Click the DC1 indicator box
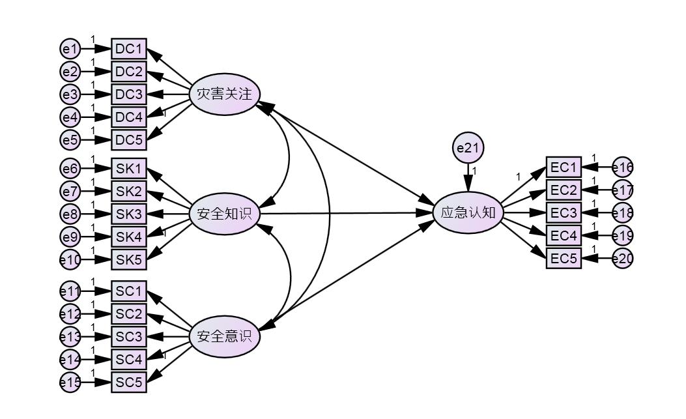129,49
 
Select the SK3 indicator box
129,214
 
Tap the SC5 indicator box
129,382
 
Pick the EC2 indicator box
564,190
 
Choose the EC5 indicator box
564,258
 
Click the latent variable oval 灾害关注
224,94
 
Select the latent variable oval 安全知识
224,214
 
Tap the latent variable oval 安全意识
224,337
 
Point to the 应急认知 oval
468,212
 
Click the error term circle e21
468,149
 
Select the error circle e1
70,49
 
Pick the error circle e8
70,214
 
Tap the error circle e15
70,382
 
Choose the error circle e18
623,213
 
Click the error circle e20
623,259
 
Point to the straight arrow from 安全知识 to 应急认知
345,213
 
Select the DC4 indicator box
129,117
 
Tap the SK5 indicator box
129,259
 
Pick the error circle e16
623,168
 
